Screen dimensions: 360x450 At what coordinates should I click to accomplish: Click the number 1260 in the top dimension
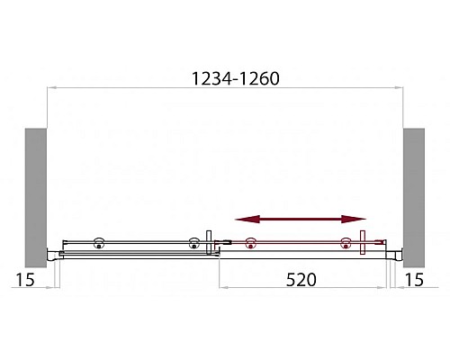click(256, 77)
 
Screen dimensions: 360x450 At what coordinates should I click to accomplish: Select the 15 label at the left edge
click(25, 279)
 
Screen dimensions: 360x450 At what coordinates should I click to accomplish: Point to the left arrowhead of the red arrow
click(242, 219)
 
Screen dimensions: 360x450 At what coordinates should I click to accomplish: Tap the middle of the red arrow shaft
click(301, 219)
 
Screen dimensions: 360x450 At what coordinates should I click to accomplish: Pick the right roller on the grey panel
click(193, 241)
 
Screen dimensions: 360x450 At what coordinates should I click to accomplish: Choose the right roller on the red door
click(345, 241)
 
